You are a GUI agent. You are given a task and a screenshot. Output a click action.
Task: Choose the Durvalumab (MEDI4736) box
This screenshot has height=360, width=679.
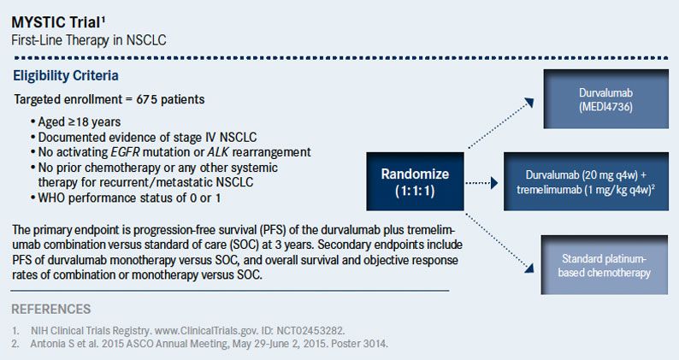[606, 98]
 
